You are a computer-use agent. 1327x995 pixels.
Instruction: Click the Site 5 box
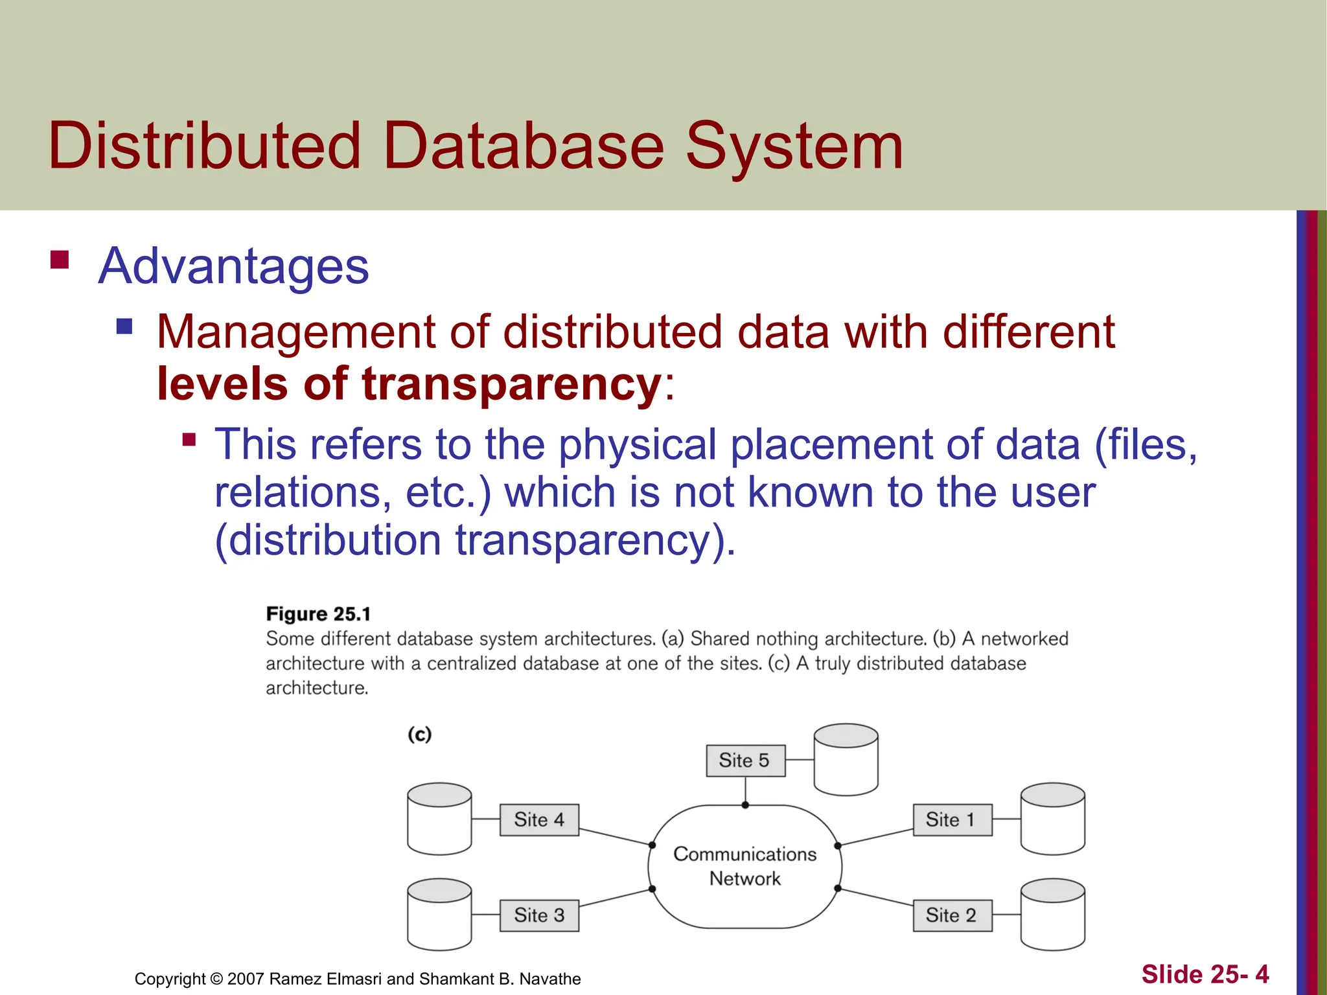coord(745,761)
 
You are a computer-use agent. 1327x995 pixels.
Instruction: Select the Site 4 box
coord(539,820)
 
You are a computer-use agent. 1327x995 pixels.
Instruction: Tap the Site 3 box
coord(539,915)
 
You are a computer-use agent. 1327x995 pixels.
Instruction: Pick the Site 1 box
coord(952,820)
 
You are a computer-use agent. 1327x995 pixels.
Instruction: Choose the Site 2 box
coord(952,915)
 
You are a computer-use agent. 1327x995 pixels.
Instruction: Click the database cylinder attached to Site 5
coord(846,760)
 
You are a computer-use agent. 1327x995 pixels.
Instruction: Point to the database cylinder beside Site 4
coord(439,819)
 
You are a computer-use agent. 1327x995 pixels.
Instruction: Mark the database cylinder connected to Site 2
coord(1052,914)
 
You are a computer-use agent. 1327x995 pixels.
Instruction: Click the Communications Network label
coord(745,867)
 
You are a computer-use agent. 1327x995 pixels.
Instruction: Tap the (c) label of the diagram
coord(419,735)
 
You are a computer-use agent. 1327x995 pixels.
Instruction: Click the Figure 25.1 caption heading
coord(318,614)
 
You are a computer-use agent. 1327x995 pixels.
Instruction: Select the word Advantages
coord(233,266)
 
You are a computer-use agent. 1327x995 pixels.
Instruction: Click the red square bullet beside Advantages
coord(60,260)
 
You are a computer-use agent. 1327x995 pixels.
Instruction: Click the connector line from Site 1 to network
coord(875,837)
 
